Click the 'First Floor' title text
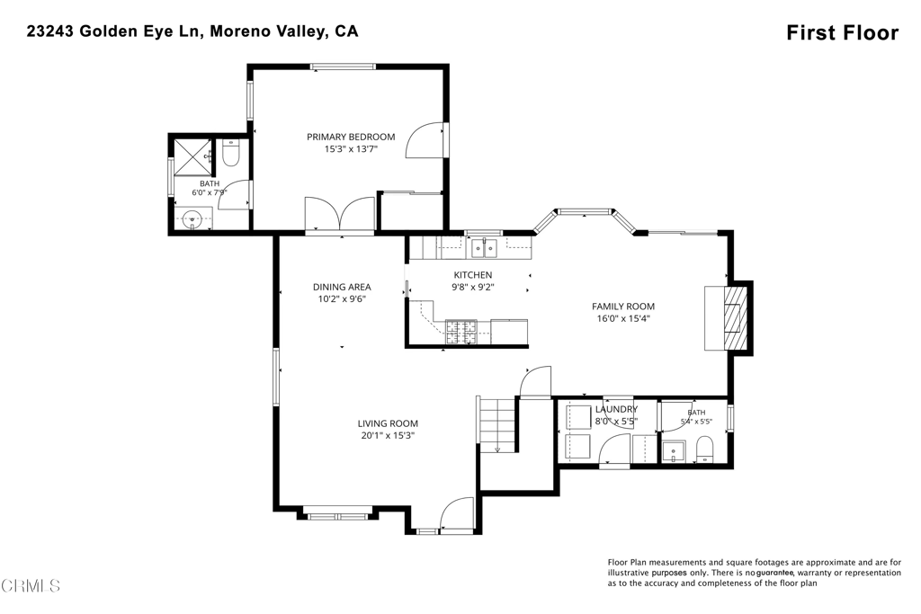pos(842,33)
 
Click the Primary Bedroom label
pos(351,137)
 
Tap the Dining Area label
pos(342,287)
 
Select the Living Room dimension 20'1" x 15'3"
pos(389,435)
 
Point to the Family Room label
pos(623,307)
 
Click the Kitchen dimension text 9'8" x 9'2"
pos(473,287)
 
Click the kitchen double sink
pos(483,248)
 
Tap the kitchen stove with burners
pos(461,332)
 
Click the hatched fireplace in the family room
pos(732,318)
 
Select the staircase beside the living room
pos(497,423)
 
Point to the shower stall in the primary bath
pos(192,156)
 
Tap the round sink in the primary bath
pos(193,219)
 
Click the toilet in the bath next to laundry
pos(703,449)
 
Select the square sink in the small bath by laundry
pos(672,451)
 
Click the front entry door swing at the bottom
pos(457,515)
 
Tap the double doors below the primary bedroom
pos(339,216)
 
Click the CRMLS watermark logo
pos(30,585)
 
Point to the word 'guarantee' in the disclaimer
pos(775,573)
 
